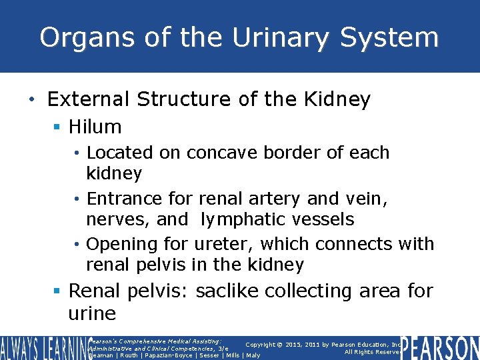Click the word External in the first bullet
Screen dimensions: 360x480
pyautogui.click(x=89, y=100)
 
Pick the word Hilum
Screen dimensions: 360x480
pyautogui.click(x=95, y=127)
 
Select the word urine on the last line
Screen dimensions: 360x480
pyautogui.click(x=92, y=314)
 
